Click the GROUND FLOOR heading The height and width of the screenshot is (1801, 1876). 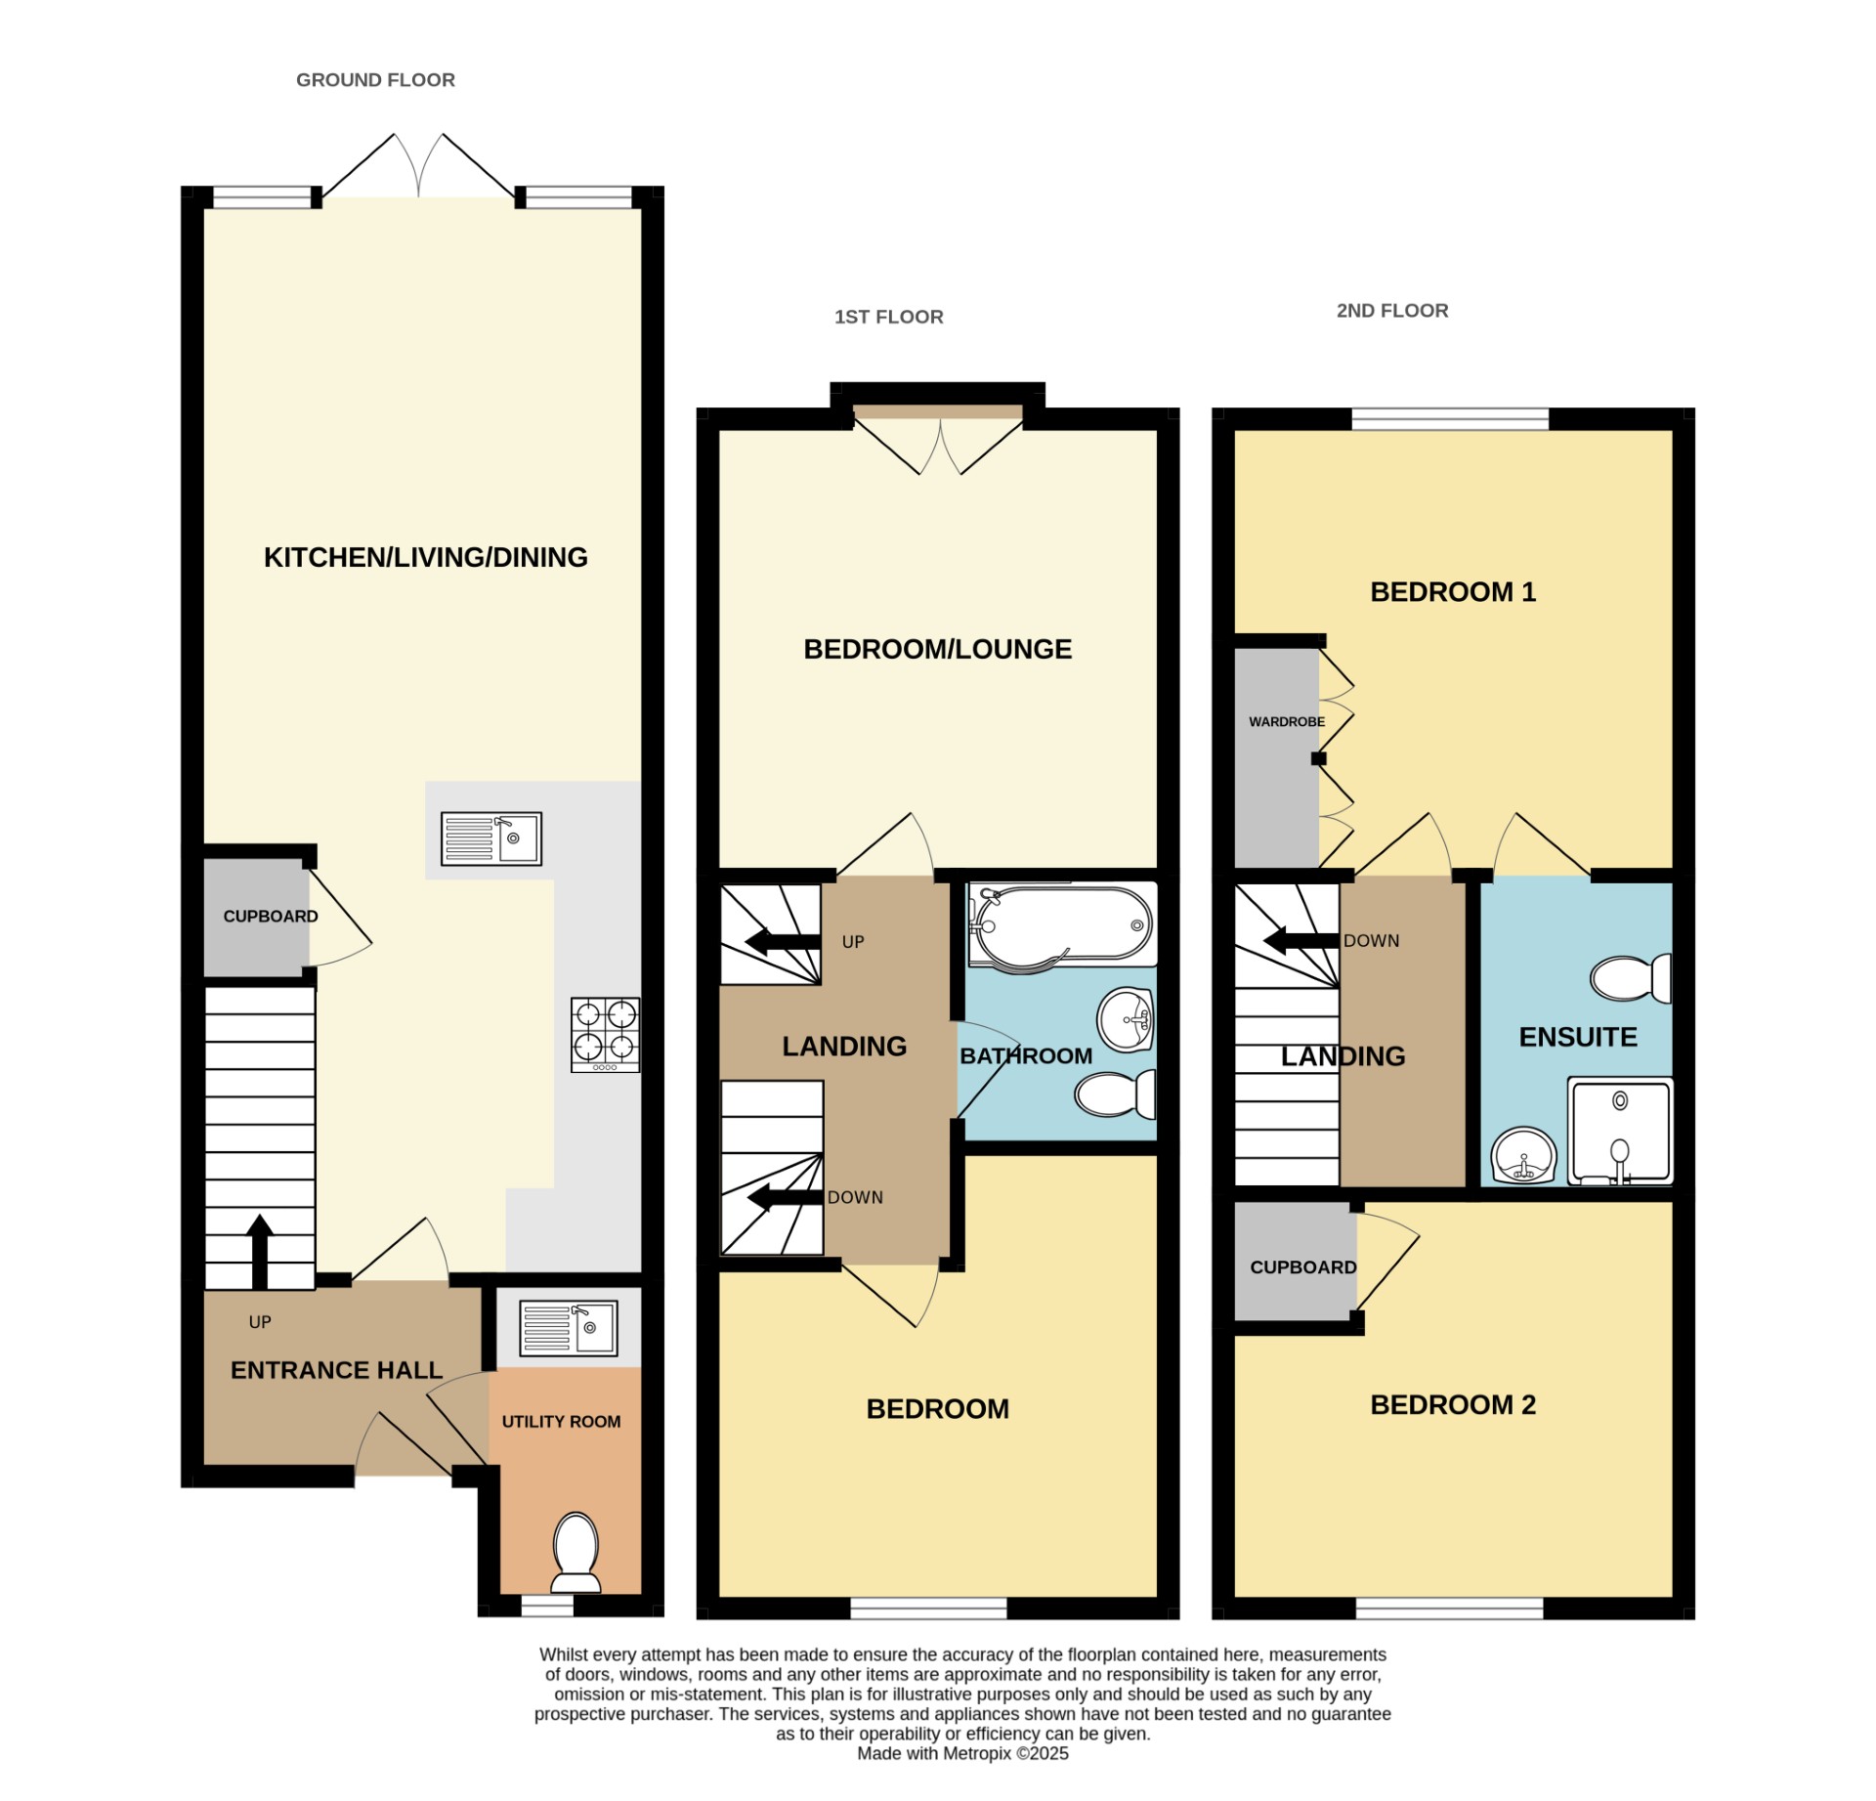[x=375, y=80]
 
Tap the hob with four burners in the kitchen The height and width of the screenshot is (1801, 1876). [x=605, y=1034]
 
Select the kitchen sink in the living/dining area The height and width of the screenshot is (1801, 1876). [x=490, y=838]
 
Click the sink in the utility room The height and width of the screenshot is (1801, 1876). [x=568, y=1328]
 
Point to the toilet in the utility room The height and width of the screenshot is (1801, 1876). [x=576, y=1551]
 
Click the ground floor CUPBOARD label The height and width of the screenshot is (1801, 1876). [x=271, y=917]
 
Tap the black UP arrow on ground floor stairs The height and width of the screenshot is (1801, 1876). [x=259, y=1251]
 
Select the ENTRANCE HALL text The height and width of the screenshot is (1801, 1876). [x=336, y=1370]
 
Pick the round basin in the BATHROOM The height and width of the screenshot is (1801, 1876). [x=1126, y=1019]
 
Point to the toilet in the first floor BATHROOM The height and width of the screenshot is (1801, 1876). [x=1115, y=1094]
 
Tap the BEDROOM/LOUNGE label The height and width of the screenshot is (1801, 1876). [x=937, y=649]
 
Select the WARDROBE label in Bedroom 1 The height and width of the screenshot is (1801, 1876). [x=1286, y=722]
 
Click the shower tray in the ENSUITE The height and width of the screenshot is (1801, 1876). [x=1619, y=1131]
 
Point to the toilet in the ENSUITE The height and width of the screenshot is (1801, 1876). [x=1630, y=978]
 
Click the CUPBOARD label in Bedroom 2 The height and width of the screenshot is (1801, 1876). [x=1302, y=1267]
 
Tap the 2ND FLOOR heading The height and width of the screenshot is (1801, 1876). [x=1391, y=311]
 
